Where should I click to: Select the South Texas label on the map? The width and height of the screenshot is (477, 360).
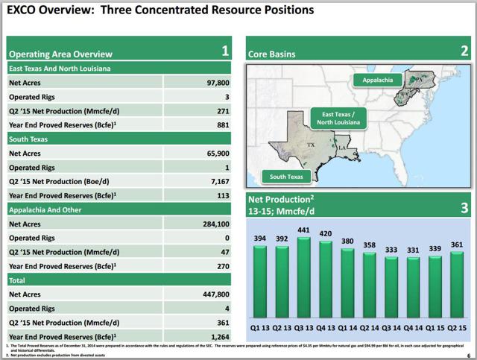285,177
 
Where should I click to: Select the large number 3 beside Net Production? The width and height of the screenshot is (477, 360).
463,208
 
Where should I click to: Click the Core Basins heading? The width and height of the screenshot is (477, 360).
272,54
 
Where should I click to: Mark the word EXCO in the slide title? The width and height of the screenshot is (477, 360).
24,11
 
